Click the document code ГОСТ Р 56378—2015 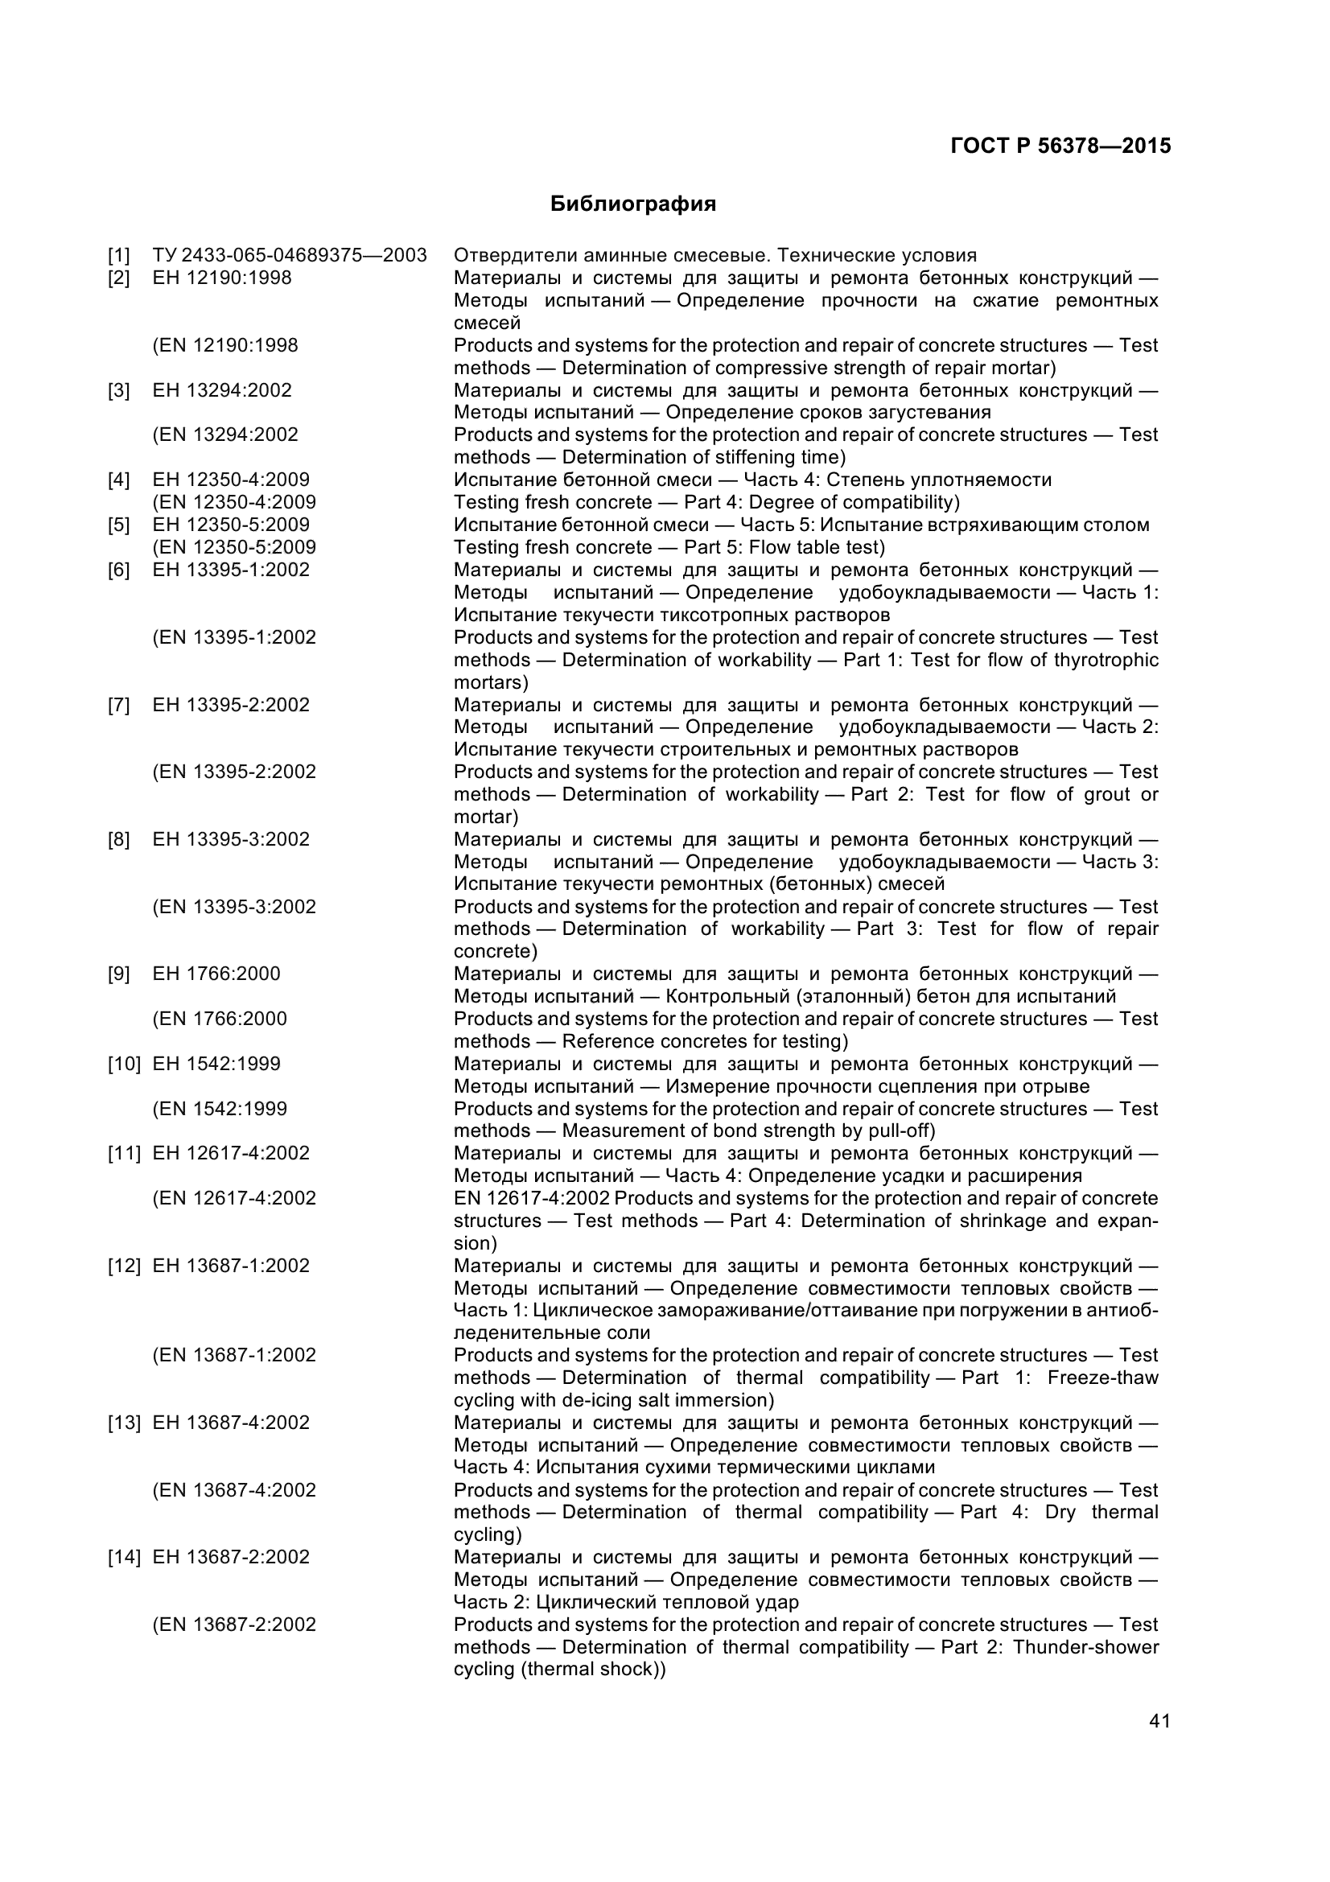tap(1060, 146)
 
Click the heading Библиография tap(632, 204)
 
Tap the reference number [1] tap(119, 256)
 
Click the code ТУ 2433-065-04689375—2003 tap(290, 256)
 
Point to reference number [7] tap(119, 705)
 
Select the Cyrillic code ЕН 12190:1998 tap(221, 278)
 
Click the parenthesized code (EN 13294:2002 tap(224, 435)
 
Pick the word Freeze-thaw tap(1102, 1377)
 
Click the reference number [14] tap(125, 1557)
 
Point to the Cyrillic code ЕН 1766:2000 tap(216, 974)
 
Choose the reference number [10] tap(125, 1064)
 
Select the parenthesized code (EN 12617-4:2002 tap(233, 1198)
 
